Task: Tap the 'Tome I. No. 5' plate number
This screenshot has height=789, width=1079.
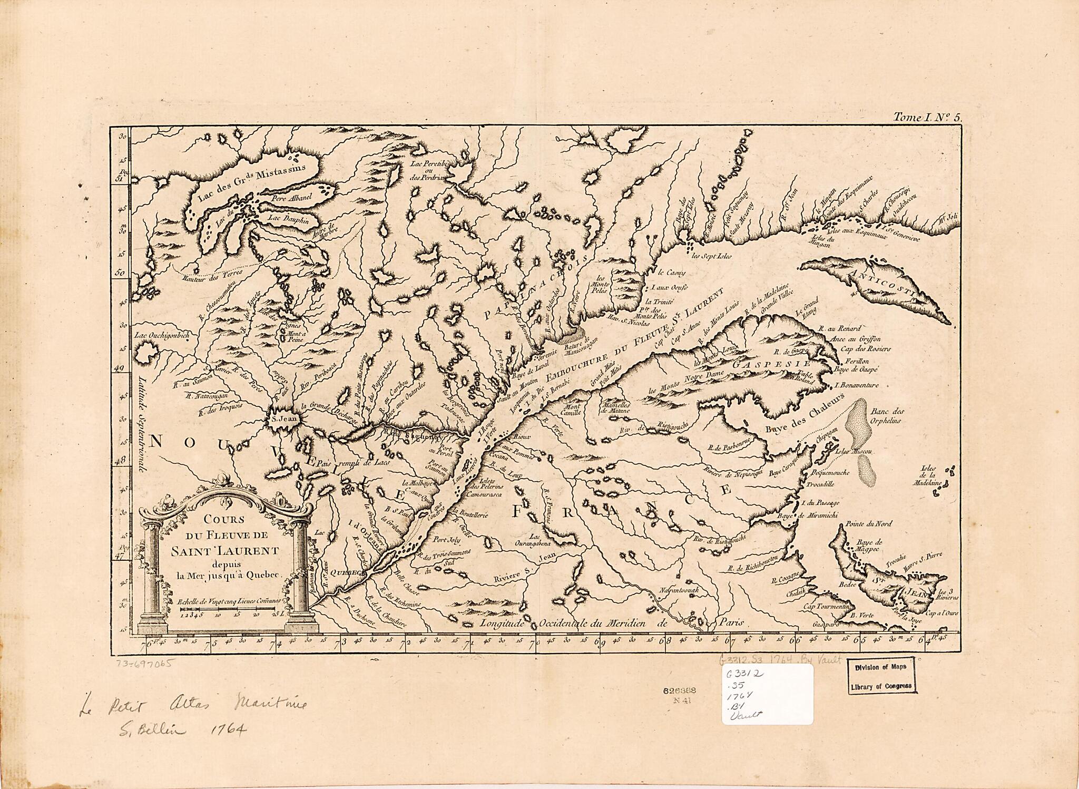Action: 927,118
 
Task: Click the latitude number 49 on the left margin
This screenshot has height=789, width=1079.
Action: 120,367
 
